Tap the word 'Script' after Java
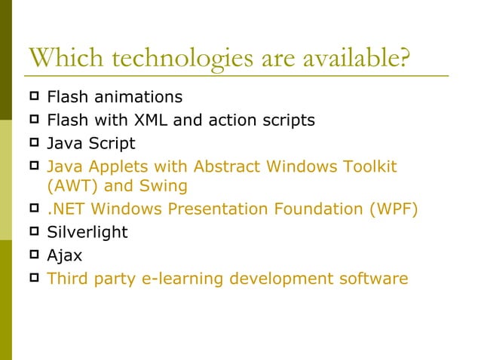pos(109,143)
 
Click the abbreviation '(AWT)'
pos(73,185)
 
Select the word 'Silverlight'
pos(87,233)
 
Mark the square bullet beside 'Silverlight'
pos(34,231)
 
